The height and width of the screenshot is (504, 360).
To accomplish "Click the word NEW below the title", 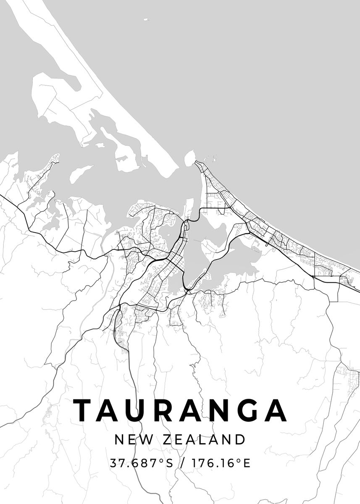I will click(130, 440).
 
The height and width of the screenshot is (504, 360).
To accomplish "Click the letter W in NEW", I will click(142, 440).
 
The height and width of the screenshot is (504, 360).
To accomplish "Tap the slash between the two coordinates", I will click(181, 463).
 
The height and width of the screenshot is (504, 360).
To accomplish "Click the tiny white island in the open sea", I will click(146, 19).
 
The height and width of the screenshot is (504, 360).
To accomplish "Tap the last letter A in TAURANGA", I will click(276, 410).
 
